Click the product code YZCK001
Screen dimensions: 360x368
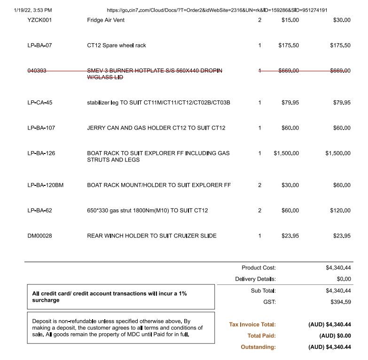[39, 20]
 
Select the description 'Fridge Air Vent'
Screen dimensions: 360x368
[106, 20]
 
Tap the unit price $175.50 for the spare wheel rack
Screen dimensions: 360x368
[288, 46]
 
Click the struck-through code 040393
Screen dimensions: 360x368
[37, 71]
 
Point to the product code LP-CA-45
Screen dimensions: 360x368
[40, 102]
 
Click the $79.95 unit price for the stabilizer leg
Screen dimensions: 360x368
[290, 102]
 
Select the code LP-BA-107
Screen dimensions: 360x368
[41, 128]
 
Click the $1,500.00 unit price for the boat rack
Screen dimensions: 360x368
[286, 153]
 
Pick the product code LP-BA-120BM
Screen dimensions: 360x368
[46, 185]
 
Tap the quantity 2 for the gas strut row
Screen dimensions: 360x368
[259, 210]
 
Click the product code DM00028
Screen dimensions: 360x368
[40, 236]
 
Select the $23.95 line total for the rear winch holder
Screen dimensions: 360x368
[342, 236]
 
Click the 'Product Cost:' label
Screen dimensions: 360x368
[258, 268]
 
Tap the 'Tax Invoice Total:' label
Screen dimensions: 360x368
[252, 324]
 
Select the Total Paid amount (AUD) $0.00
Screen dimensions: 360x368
[335, 336]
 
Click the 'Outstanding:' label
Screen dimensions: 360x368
[258, 347]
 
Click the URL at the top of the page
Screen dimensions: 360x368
[217, 10]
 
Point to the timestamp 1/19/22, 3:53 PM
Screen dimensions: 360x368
[33, 10]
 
